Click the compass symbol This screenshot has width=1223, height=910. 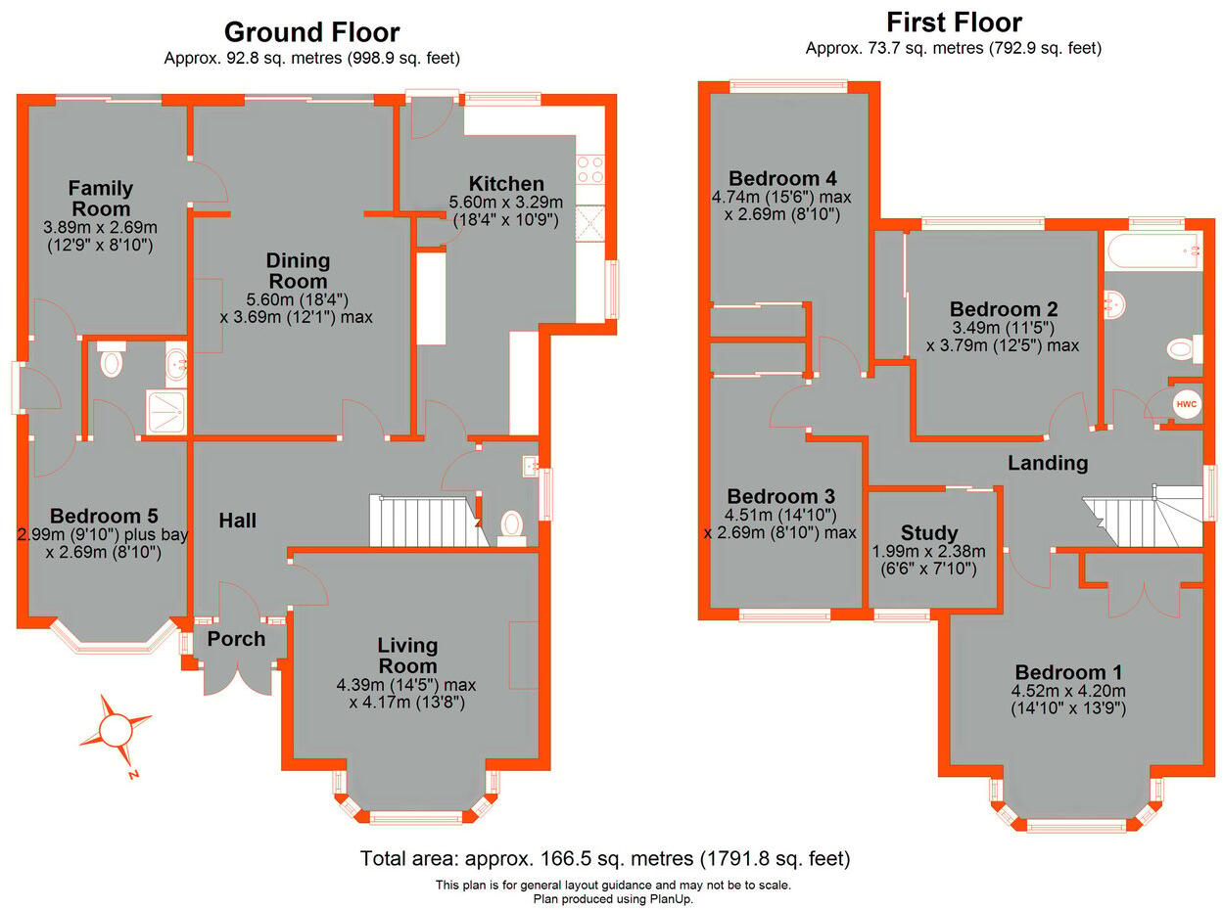[x=115, y=730]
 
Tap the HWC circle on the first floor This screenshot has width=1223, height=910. [x=1186, y=403]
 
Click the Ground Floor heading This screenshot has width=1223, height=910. [x=311, y=32]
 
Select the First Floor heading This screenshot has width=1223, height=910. [x=954, y=23]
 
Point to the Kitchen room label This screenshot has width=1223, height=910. [x=506, y=184]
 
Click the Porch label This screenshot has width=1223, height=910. [x=237, y=639]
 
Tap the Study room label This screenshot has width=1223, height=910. [x=929, y=533]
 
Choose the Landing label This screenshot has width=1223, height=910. [x=1048, y=463]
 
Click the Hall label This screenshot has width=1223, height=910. [x=238, y=521]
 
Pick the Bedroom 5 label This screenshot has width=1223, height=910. [x=105, y=516]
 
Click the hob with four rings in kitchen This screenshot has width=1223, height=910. [x=590, y=170]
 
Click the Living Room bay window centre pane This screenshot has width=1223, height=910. [x=415, y=817]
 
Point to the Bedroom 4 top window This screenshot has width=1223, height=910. [x=789, y=86]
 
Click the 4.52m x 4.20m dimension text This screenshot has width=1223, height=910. [x=1068, y=691]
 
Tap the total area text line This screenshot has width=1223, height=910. [x=605, y=859]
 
